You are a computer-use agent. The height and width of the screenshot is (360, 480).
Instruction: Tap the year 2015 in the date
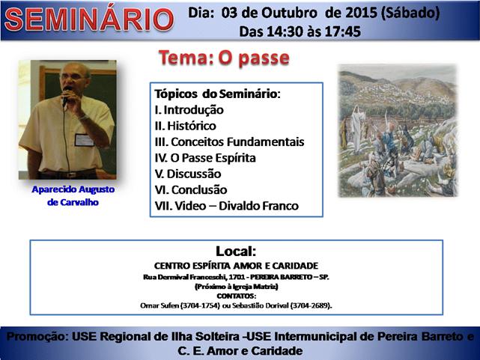pyautogui.click(x=361, y=13)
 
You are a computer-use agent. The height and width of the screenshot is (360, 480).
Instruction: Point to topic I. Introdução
pyautogui.click(x=189, y=110)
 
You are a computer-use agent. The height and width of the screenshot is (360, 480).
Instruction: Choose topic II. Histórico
pyautogui.click(x=185, y=126)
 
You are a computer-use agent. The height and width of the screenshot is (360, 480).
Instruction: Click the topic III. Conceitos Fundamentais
pyautogui.click(x=229, y=141)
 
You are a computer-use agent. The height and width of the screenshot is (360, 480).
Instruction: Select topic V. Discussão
pyautogui.click(x=188, y=174)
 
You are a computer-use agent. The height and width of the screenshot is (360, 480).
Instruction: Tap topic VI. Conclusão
pyautogui.click(x=191, y=189)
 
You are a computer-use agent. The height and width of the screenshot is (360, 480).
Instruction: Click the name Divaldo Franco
pyautogui.click(x=258, y=206)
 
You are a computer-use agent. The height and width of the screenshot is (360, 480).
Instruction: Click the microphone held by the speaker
pyautogui.click(x=66, y=95)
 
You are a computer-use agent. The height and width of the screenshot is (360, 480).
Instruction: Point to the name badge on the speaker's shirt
pyautogui.click(x=84, y=140)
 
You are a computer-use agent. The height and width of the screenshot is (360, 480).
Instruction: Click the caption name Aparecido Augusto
pyautogui.click(x=73, y=189)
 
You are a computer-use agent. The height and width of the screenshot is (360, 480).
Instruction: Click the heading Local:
pyautogui.click(x=236, y=251)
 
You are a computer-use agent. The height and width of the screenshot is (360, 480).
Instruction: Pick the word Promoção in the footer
pyautogui.click(x=37, y=337)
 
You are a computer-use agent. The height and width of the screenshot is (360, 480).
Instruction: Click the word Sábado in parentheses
pyautogui.click(x=410, y=13)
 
